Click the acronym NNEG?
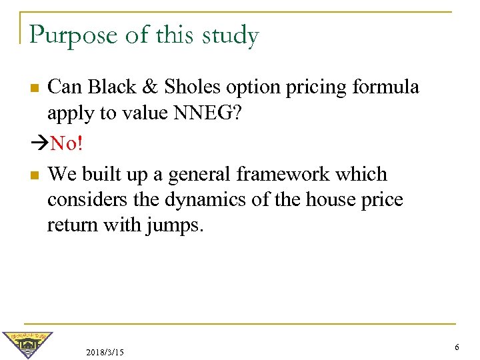tap(207, 113)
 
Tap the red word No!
tap(67, 143)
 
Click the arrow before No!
tap(39, 143)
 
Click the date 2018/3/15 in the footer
tap(105, 351)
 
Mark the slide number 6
tap(457, 347)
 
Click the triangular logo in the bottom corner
tap(27, 345)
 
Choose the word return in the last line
tap(71, 225)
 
